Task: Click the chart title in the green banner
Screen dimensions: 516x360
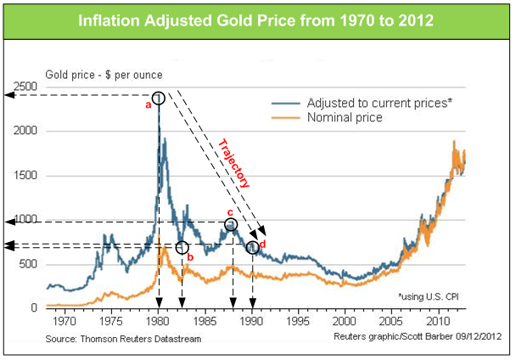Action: (x=255, y=20)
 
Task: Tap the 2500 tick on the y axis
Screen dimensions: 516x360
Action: (x=25, y=87)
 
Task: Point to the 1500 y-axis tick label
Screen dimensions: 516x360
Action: (x=25, y=175)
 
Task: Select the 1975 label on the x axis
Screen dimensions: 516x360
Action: (x=111, y=321)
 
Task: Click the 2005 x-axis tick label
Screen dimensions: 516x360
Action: (x=391, y=321)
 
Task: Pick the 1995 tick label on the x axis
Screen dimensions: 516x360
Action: (x=298, y=321)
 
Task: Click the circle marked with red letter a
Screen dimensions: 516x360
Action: (x=159, y=98)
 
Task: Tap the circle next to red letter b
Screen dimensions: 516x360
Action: (x=182, y=247)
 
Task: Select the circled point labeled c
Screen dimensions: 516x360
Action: (x=231, y=225)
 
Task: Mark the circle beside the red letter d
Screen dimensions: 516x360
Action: (x=253, y=247)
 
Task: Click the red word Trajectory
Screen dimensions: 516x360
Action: (x=234, y=163)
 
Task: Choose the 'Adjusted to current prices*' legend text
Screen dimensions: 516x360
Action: (x=379, y=103)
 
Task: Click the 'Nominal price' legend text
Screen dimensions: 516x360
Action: (x=345, y=117)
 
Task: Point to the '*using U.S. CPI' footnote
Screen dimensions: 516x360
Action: (x=429, y=296)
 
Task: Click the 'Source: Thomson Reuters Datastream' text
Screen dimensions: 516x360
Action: (x=123, y=339)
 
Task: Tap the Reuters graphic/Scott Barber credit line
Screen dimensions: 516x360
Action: (x=418, y=336)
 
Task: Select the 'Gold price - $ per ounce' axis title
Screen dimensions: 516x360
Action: (x=104, y=75)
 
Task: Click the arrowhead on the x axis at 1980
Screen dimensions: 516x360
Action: (x=159, y=302)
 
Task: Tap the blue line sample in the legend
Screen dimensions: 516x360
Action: (x=286, y=104)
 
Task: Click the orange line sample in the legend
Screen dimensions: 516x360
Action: (x=286, y=117)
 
